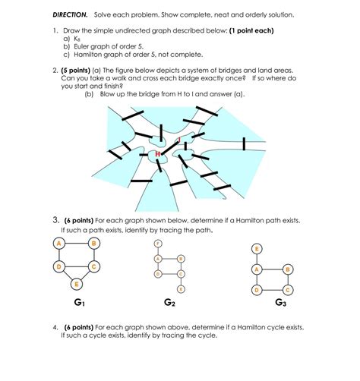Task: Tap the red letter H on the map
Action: click(158, 154)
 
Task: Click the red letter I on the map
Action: click(178, 140)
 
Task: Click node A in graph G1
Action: click(58, 243)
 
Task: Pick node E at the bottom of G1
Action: click(76, 283)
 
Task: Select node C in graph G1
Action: click(93, 266)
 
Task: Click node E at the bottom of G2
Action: click(181, 289)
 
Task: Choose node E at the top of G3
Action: click(257, 248)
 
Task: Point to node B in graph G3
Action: click(286, 269)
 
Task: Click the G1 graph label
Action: click(80, 302)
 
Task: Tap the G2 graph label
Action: click(169, 303)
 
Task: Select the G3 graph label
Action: click(281, 302)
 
